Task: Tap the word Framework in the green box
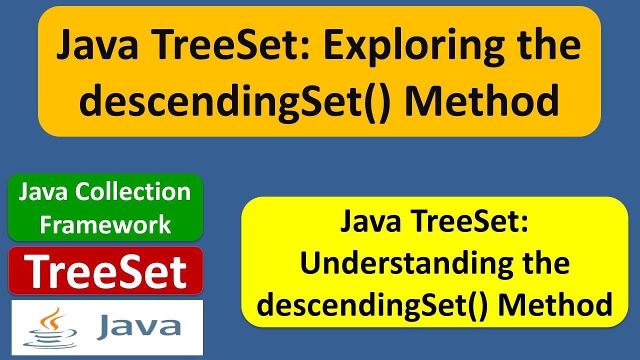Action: tap(105, 224)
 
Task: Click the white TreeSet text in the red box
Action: tap(105, 271)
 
